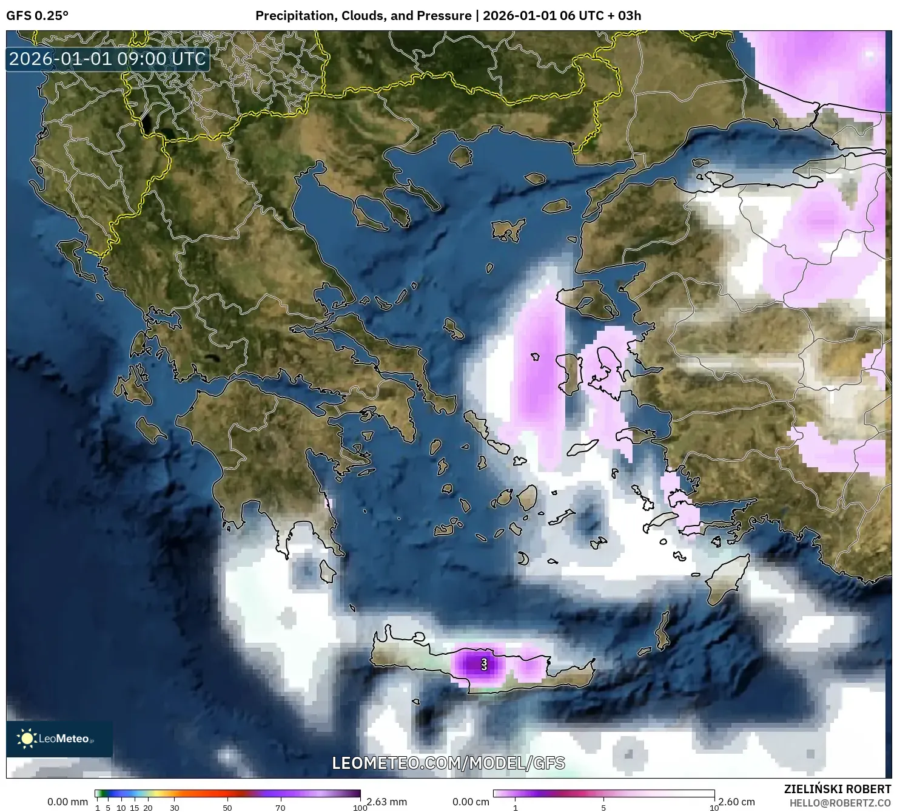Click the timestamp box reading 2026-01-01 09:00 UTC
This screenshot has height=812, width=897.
tap(108, 59)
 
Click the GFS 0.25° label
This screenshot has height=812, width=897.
tap(37, 16)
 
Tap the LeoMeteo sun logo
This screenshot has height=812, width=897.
tap(27, 739)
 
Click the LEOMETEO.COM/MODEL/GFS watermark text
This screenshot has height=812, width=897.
tap(448, 763)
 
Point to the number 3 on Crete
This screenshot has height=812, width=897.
tap(484, 663)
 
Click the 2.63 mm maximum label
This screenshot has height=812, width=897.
tap(386, 802)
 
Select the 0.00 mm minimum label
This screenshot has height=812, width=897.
tap(67, 802)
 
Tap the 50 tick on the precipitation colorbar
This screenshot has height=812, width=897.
tap(227, 808)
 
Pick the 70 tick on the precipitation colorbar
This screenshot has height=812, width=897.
tap(280, 808)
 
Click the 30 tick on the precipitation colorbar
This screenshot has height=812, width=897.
tap(175, 808)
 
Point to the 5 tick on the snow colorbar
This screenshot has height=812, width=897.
tap(603, 808)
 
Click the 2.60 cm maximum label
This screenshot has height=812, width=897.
tap(737, 802)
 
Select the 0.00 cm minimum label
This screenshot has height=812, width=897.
tap(471, 802)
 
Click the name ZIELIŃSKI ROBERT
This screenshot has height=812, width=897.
tap(838, 790)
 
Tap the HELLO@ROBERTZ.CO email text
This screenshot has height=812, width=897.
tap(840, 803)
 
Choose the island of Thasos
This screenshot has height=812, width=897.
tap(461, 157)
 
